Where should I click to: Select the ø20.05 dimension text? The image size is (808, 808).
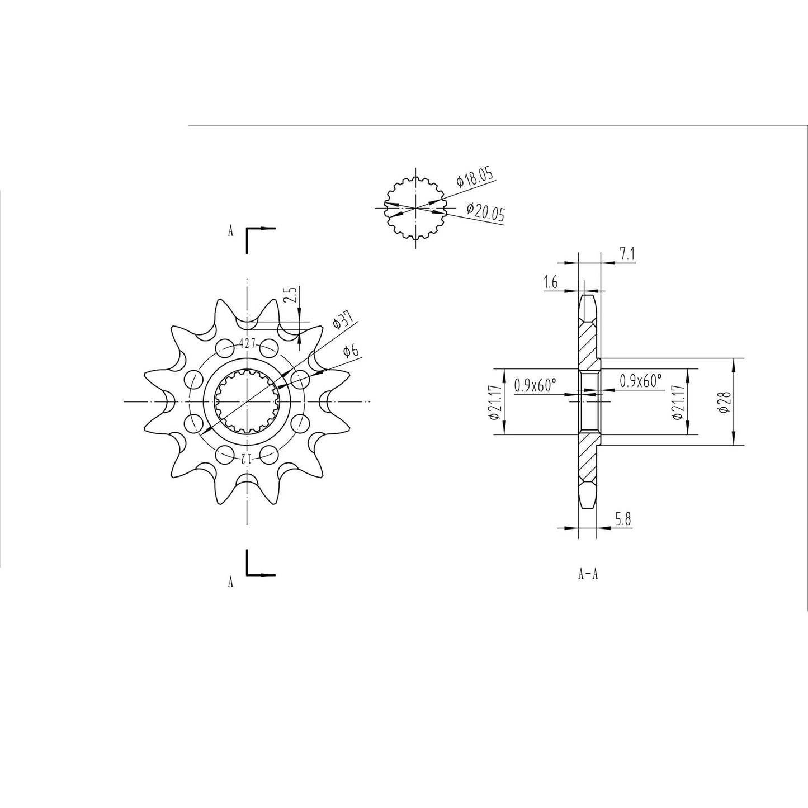(485, 212)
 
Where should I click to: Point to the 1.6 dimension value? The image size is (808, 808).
(550, 283)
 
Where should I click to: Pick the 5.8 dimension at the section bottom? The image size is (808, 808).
(623, 519)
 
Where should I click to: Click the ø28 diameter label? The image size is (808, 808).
(725, 401)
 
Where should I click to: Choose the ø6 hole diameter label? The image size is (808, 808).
(351, 351)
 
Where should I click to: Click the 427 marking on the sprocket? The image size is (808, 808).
(247, 344)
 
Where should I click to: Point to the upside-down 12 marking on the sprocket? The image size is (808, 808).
(247, 459)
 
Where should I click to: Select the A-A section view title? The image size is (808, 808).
(588, 574)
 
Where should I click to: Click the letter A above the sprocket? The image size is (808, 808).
(230, 231)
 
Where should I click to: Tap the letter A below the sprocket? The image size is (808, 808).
(230, 583)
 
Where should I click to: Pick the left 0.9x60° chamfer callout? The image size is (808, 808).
(535, 385)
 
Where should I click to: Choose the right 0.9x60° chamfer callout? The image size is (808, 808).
(640, 381)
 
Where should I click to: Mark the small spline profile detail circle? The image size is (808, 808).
(415, 207)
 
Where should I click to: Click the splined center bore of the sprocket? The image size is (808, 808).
(247, 401)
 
